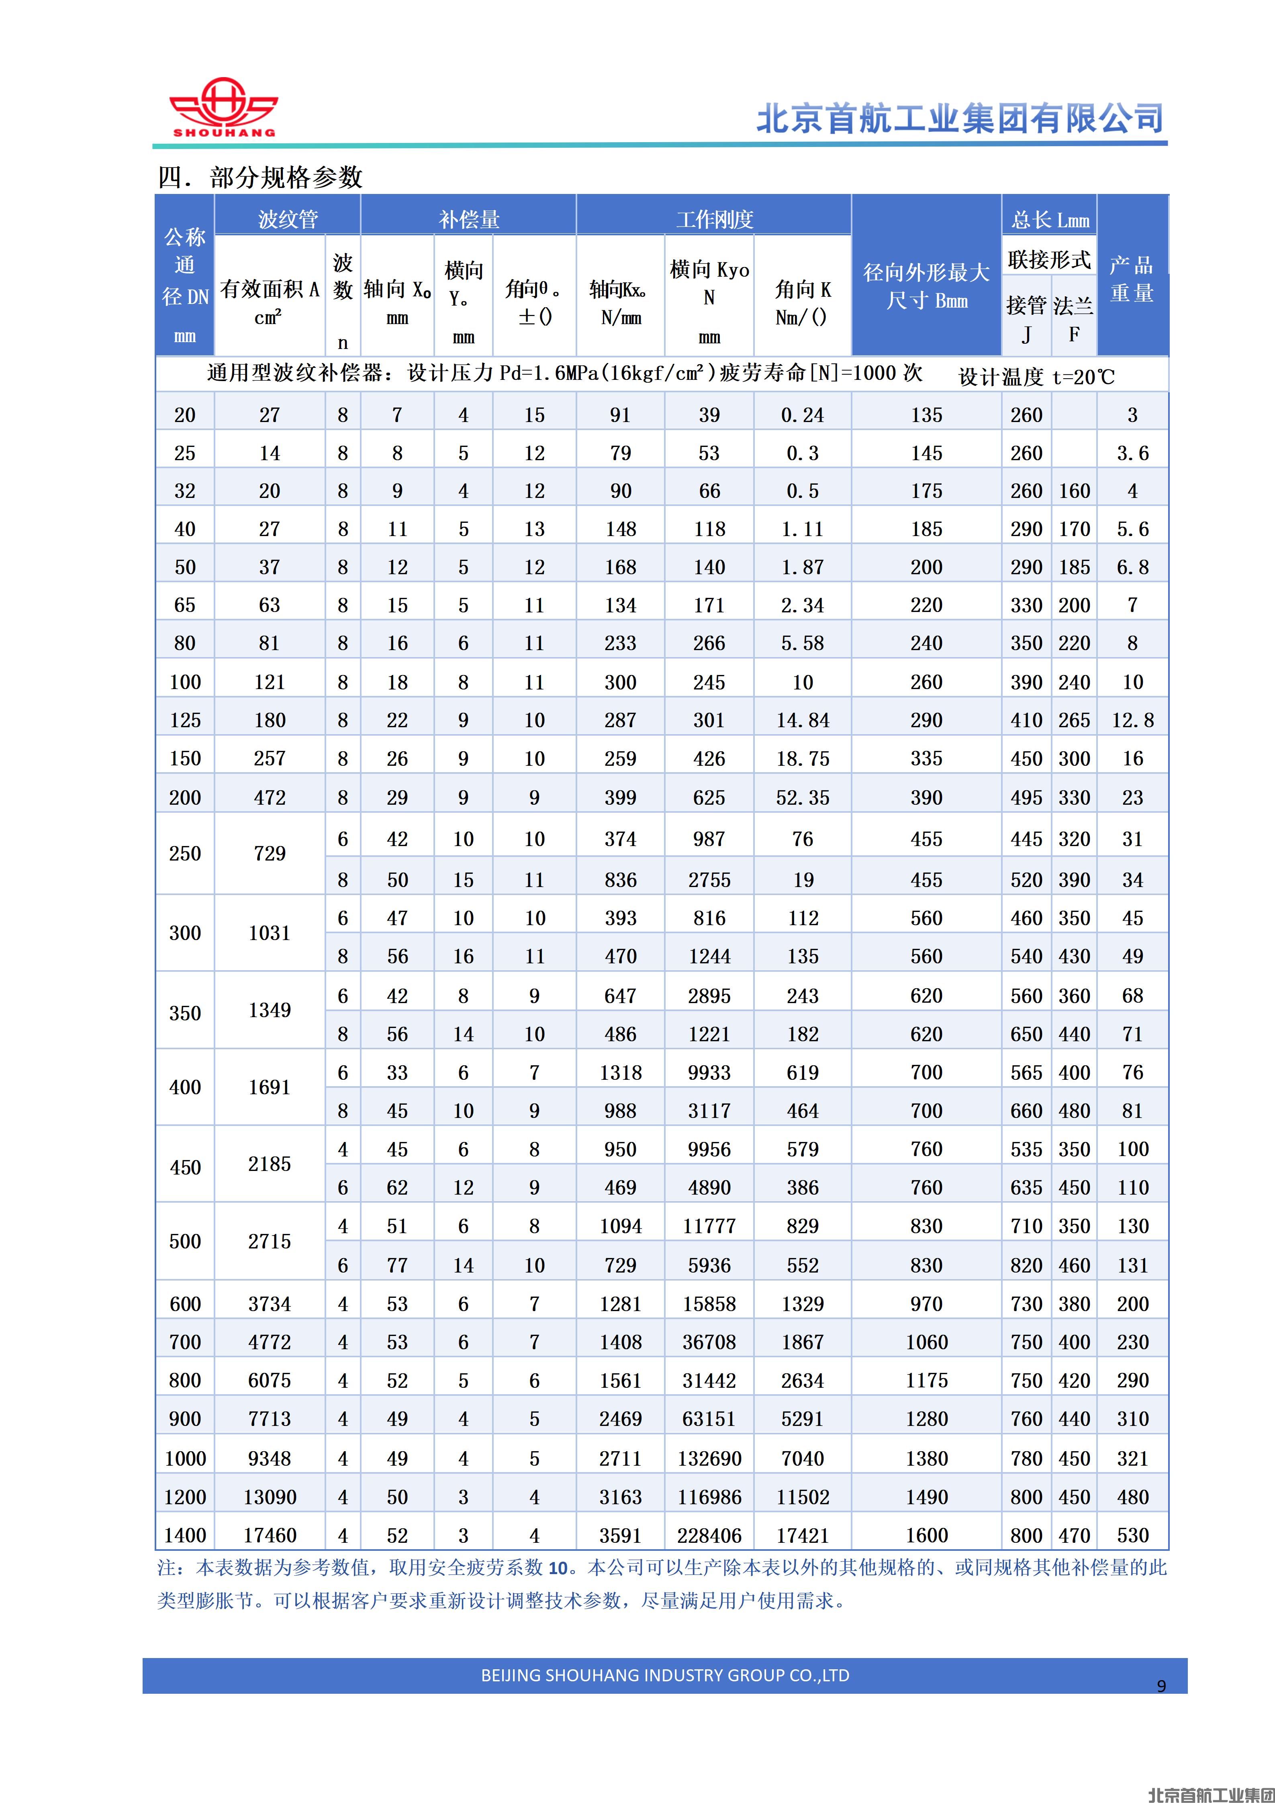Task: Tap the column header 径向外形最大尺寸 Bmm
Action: click(x=926, y=287)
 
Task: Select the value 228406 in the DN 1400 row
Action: click(x=709, y=1535)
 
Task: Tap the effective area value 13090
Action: click(x=270, y=1497)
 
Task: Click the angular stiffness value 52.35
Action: click(x=802, y=798)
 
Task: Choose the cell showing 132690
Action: click(x=709, y=1458)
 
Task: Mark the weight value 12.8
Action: click(x=1132, y=720)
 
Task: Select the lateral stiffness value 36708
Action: click(x=709, y=1342)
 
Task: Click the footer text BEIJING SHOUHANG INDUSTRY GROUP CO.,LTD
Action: click(x=664, y=1675)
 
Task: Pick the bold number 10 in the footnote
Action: click(x=558, y=1568)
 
